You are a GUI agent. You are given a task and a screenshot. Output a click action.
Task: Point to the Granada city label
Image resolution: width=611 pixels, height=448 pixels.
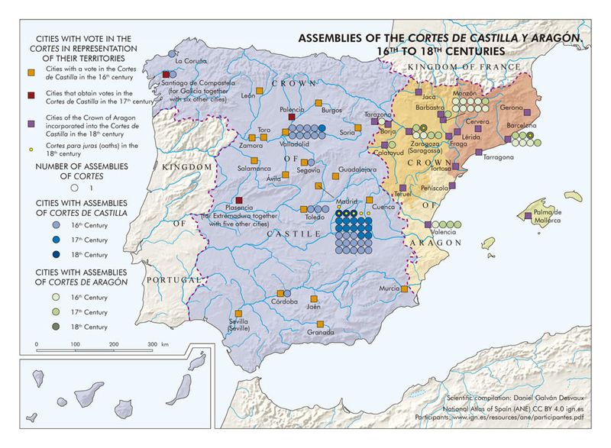(x=321, y=332)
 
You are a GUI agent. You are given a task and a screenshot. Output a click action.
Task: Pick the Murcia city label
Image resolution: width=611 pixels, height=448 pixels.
(x=389, y=288)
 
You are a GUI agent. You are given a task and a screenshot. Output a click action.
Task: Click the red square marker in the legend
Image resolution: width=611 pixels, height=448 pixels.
(x=31, y=94)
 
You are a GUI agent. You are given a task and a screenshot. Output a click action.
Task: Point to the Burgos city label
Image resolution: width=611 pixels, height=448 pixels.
(x=331, y=110)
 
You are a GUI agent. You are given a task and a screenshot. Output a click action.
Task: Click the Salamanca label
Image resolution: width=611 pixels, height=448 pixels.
(x=254, y=168)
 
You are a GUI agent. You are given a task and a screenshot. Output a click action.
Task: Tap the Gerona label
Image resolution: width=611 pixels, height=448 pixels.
(x=512, y=108)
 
